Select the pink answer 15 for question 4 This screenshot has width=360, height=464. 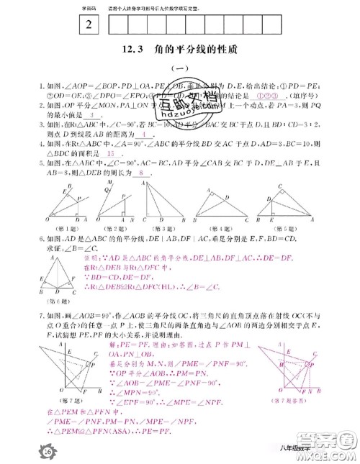tap(111, 154)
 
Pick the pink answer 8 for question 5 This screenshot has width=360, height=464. tap(143, 173)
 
